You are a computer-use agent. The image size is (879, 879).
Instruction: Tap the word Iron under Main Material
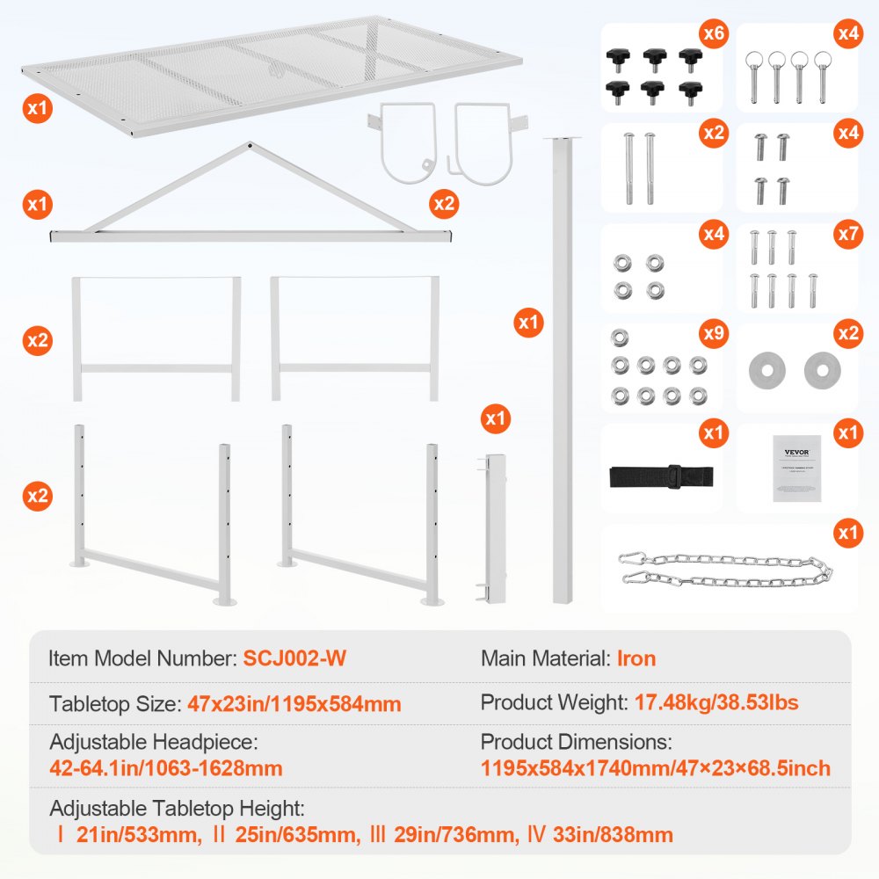pyautogui.click(x=636, y=658)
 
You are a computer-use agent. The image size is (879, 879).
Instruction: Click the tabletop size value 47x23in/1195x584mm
pyautogui.click(x=294, y=703)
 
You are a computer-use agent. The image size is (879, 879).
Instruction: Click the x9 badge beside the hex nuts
pyautogui.click(x=713, y=334)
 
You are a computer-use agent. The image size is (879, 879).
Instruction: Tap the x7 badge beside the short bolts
pyautogui.click(x=847, y=234)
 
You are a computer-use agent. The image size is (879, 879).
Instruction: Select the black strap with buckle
pyautogui.click(x=661, y=476)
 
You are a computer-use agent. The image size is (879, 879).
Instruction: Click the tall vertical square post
pyautogui.click(x=560, y=369)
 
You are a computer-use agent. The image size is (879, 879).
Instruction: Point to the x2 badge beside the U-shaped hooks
pyautogui.click(x=445, y=204)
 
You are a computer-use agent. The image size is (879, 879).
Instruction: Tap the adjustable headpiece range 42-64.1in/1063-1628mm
pyautogui.click(x=166, y=768)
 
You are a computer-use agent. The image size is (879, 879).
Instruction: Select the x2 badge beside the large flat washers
pyautogui.click(x=847, y=334)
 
